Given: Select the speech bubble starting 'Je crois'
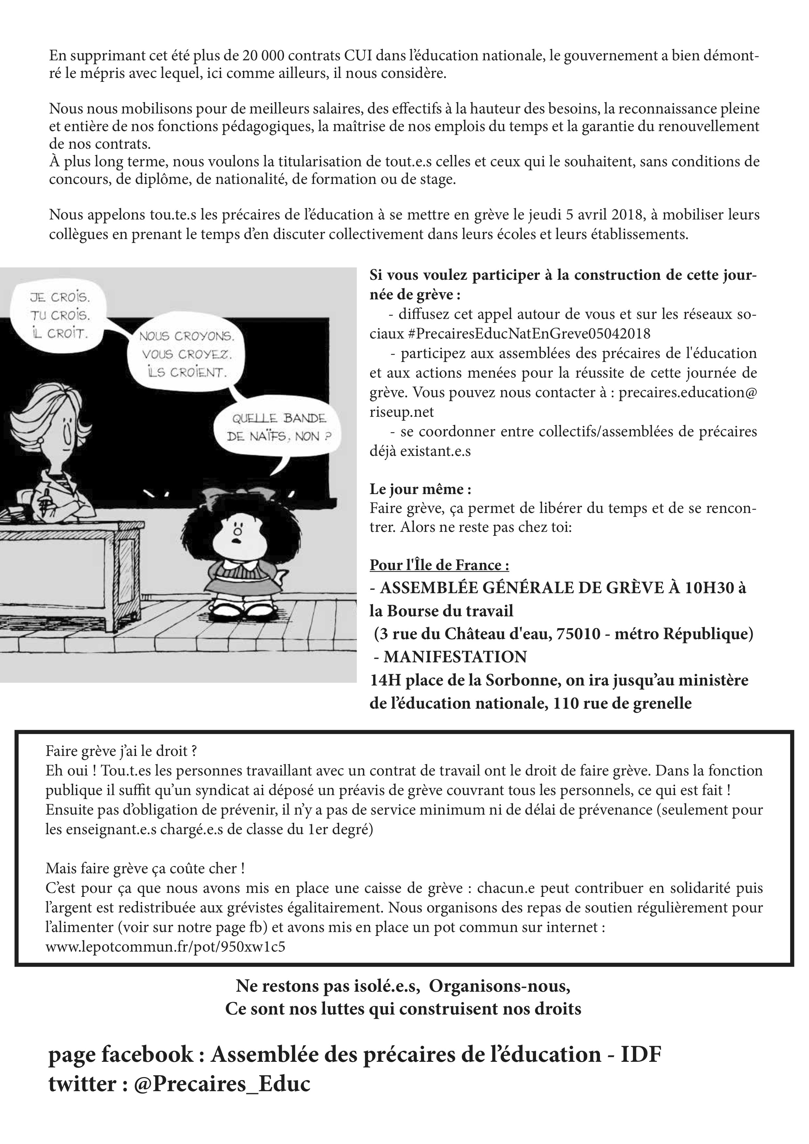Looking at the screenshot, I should [x=59, y=315].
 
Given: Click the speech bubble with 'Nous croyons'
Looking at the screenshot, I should [x=185, y=354].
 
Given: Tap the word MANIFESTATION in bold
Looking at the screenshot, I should [x=455, y=657].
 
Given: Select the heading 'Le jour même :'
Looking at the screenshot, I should [x=420, y=489].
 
